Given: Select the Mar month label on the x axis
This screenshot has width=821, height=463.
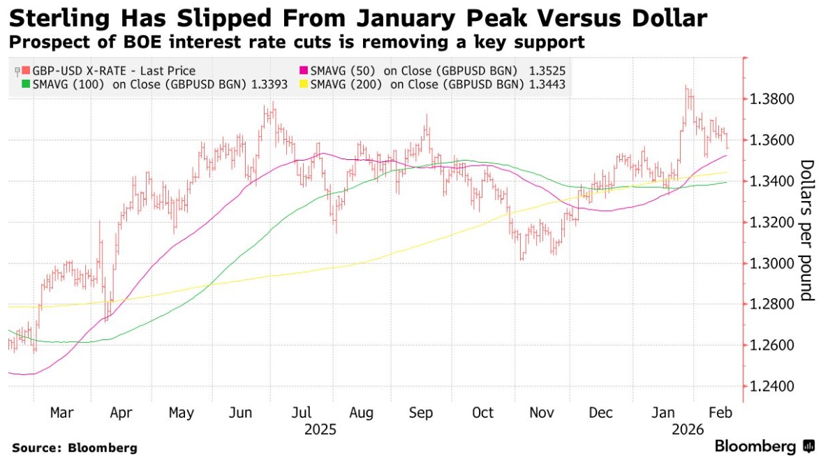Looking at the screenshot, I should point(61,413).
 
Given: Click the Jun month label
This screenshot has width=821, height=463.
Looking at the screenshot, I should point(241,413).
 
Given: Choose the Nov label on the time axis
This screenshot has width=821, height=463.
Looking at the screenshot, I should point(542,413).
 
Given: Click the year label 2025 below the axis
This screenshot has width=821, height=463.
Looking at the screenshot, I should point(321,429).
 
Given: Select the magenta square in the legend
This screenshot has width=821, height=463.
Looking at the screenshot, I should point(303,71).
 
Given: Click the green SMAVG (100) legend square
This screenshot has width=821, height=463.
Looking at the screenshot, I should point(26,84).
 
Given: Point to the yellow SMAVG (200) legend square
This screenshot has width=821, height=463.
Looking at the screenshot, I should point(303,84).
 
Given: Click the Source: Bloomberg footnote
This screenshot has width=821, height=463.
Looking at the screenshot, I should point(75,448).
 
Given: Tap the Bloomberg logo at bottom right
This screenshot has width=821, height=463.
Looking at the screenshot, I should point(755,446).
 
